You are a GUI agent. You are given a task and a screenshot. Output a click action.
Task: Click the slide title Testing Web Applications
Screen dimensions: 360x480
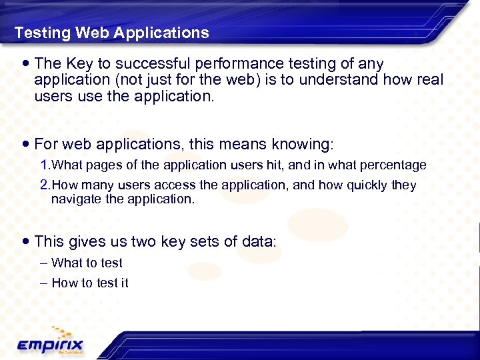111,33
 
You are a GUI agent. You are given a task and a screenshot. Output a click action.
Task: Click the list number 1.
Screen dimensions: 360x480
45,165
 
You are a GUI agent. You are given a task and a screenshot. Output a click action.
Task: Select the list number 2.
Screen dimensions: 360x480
45,185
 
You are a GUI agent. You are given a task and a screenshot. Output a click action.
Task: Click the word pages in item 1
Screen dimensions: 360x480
97,165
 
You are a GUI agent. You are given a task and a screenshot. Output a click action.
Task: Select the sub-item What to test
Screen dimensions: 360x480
87,263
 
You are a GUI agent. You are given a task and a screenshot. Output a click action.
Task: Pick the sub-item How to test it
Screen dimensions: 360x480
89,283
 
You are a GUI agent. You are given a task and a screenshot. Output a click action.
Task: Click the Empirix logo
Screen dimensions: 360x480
50,343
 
